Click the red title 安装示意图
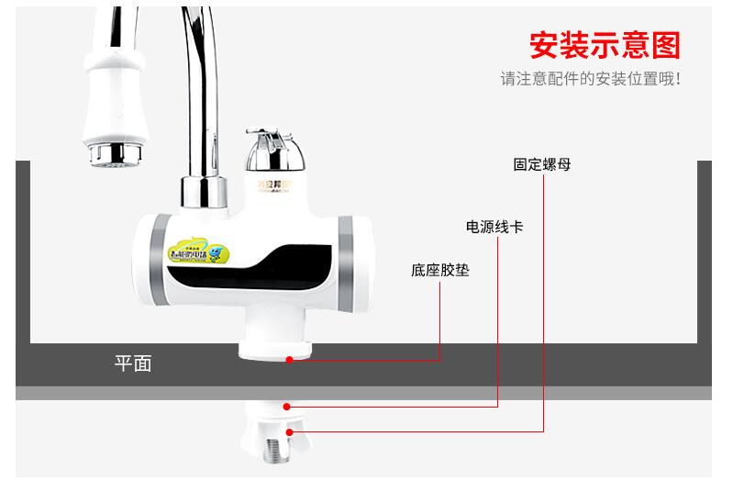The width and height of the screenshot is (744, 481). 605,45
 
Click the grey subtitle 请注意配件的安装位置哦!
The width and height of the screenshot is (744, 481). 590,80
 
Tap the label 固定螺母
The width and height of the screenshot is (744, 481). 541,165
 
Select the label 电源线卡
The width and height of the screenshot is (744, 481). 494,226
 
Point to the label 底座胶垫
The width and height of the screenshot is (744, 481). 439,271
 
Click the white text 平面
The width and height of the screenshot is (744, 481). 132,364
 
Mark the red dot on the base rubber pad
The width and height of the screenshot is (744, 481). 289,360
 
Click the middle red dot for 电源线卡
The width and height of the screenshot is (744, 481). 288,406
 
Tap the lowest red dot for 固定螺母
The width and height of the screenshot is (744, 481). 290,431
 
